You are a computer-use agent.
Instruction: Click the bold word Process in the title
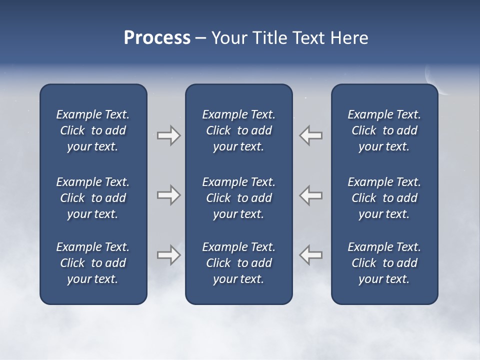(157, 38)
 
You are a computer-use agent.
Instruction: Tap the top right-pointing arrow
(168, 135)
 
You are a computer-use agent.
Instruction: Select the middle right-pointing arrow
(168, 195)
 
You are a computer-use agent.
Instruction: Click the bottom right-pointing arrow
(168, 255)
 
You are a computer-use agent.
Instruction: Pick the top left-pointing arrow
(310, 135)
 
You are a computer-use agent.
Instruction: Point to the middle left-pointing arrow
(310, 195)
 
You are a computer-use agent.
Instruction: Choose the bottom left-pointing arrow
(310, 255)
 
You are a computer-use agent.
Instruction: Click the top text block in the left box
(93, 130)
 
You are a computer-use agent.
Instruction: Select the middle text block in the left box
(93, 198)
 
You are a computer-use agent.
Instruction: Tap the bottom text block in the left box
(93, 263)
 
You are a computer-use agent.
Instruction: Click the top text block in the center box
(238, 130)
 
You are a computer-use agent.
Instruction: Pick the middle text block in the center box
(238, 198)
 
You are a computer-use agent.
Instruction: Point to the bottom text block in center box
(238, 263)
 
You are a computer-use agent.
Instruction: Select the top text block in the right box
(384, 130)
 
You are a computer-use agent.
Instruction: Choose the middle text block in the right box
(384, 198)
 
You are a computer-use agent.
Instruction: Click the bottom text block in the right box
(384, 263)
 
